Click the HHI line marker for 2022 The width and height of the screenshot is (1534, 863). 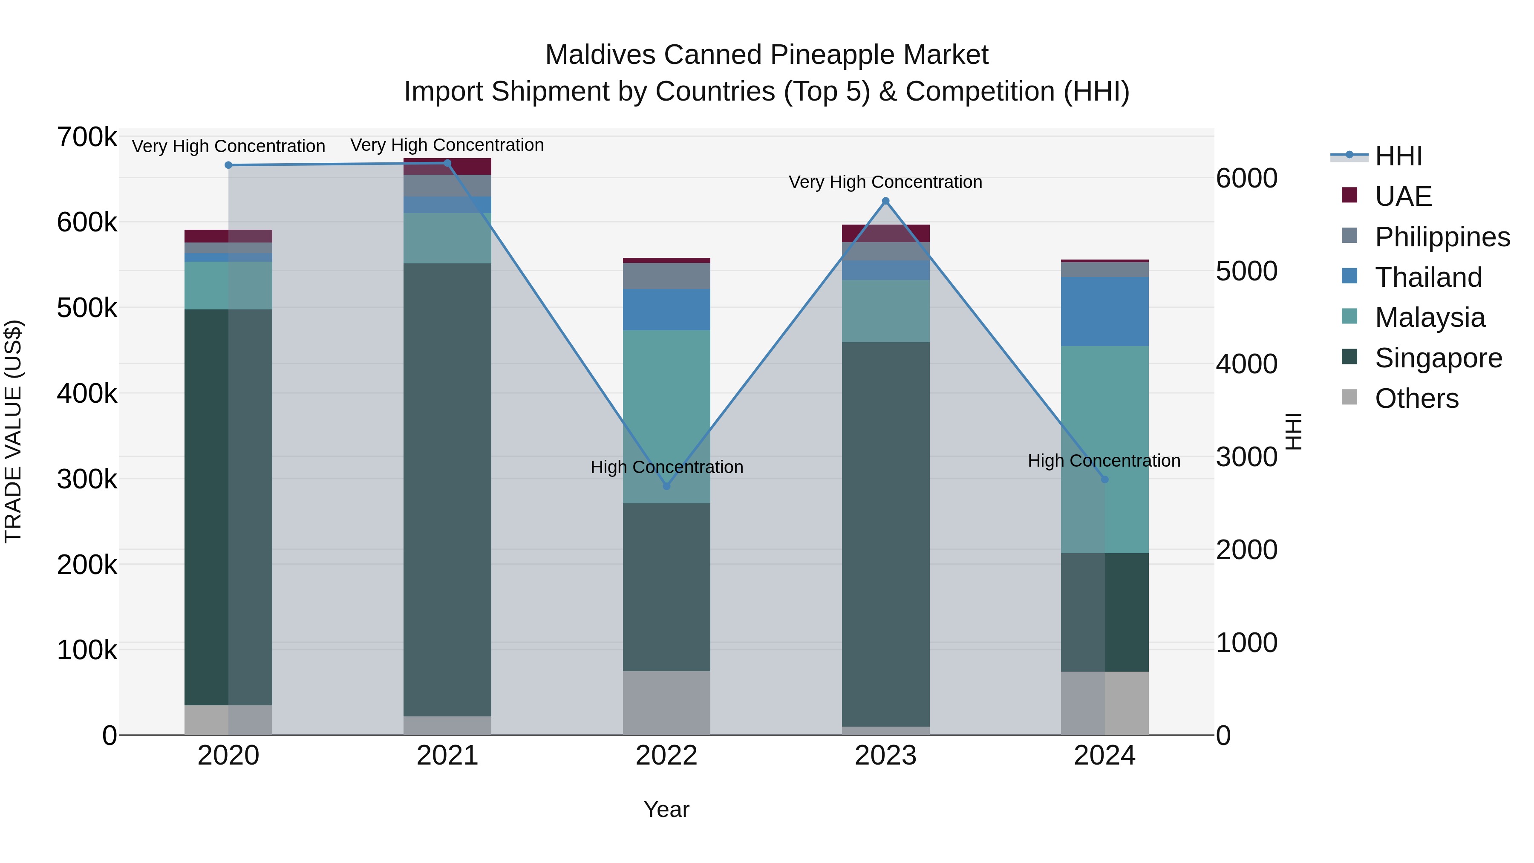666,486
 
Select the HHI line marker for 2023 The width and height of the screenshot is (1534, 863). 885,201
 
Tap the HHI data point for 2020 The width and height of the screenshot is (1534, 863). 229,165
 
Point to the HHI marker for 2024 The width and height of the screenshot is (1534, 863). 1104,479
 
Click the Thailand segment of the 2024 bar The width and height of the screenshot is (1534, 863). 1104,312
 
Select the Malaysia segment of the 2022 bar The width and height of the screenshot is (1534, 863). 666,417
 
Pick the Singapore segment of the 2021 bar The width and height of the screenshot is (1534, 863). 447,488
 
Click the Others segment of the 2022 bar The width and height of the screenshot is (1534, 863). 666,703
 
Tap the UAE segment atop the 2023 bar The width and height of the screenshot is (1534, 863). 885,233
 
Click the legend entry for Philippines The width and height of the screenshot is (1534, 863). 1442,237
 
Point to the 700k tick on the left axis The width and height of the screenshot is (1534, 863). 87,138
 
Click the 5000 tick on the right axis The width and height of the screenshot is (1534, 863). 1246,271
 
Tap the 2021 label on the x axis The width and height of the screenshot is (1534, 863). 447,756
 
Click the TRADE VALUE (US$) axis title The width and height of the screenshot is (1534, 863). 14,431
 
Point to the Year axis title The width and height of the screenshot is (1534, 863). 666,809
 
